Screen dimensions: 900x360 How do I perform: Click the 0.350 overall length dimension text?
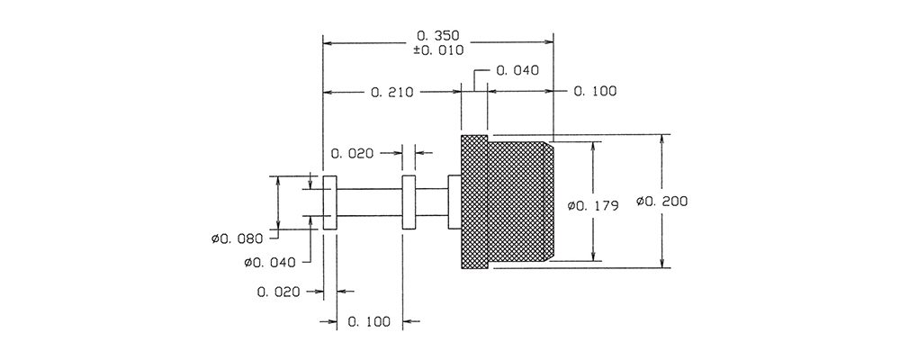point(439,36)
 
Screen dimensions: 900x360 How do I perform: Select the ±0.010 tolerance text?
point(438,50)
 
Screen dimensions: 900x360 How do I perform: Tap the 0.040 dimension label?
point(517,70)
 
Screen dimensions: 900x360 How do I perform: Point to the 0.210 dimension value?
point(392,92)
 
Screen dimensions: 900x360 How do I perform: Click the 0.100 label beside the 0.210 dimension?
point(595,91)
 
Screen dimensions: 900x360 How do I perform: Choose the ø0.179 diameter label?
point(593,205)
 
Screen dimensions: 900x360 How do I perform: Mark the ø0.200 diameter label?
point(662,202)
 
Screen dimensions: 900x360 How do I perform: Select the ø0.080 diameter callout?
point(237,238)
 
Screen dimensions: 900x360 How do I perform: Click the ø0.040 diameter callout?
point(270,263)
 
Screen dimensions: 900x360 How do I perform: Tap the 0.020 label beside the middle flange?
point(353,153)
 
